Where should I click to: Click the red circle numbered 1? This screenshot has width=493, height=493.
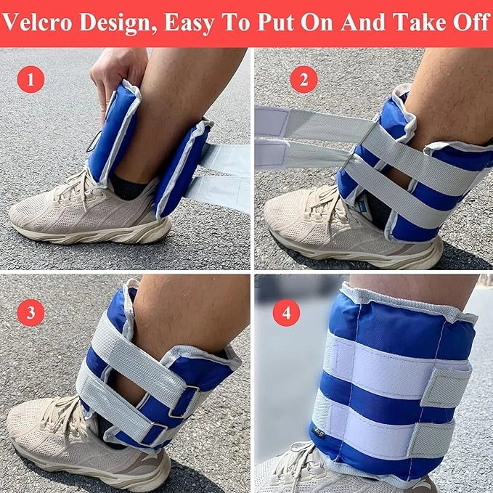click(x=30, y=78)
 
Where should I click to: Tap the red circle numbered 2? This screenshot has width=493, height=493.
click(x=303, y=78)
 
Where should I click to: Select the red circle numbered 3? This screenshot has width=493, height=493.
click(x=30, y=313)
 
